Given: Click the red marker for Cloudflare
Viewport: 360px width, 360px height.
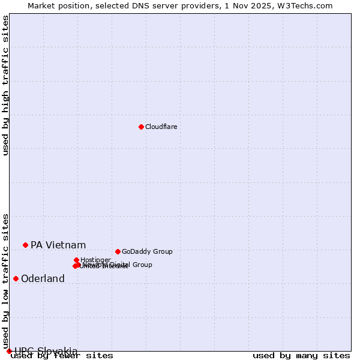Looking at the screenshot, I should pos(141,127).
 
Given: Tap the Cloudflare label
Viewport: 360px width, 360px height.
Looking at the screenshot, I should pos(161,127).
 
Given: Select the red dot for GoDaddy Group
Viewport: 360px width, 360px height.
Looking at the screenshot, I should pos(118,251).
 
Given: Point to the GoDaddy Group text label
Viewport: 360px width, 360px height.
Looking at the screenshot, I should pos(147,252).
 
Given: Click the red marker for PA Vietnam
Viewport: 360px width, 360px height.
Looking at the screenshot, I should pos(25,245).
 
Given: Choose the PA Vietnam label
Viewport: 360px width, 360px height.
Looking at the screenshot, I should pos(58,245).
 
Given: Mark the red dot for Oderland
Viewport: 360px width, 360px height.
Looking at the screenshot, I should pos(16,278).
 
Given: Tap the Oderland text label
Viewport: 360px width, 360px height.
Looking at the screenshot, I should pos(43,279).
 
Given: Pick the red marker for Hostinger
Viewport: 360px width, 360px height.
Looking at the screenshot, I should pos(77,260).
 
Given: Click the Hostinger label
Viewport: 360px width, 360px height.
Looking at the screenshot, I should pos(95,260).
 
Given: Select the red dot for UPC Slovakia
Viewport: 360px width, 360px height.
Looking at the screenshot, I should pos(9,351).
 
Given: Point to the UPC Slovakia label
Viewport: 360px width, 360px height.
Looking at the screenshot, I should pos(46,351).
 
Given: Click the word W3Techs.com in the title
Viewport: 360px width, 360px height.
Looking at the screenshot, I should pos(310,5).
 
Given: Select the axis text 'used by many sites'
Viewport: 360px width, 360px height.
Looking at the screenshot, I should pos(301,356).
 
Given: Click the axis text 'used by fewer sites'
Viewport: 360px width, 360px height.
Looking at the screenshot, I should pos(62,356).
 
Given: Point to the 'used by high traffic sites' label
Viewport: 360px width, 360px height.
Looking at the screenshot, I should pos(5,85).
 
